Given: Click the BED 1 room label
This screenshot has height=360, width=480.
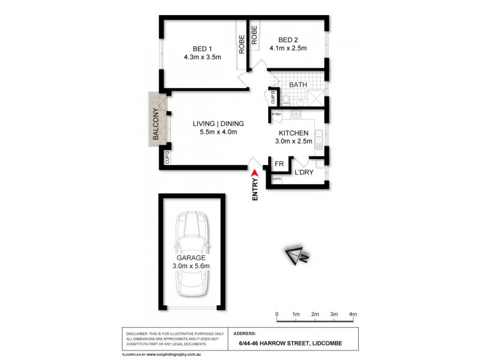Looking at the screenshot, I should point(202,49).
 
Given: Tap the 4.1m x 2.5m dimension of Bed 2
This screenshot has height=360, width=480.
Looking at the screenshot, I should point(288,49).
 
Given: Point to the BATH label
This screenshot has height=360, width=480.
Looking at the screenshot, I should point(298,85).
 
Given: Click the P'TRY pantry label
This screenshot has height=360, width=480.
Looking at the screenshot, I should point(277,114).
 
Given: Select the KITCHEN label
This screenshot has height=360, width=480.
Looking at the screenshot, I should point(294,133).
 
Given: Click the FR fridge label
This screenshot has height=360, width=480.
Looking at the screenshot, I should point(279,164).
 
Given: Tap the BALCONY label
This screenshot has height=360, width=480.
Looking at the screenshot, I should point(155,124).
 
